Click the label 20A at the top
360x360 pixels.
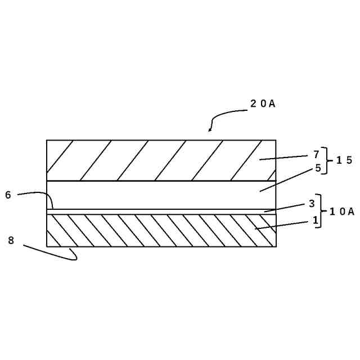pyautogui.click(x=263, y=104)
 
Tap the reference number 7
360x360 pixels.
pyautogui.click(x=317, y=154)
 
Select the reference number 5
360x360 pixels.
pyautogui.click(x=318, y=168)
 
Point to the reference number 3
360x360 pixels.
pyautogui.click(x=311, y=204)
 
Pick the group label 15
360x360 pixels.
pyautogui.click(x=344, y=160)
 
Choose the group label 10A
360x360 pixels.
pyautogui.click(x=342, y=211)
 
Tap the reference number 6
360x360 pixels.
pyautogui.click(x=8, y=195)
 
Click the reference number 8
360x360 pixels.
pyautogui.click(x=11, y=240)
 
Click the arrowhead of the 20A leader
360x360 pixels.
pyautogui.click(x=210, y=130)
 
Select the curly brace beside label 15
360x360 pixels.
pyautogui.click(x=326, y=160)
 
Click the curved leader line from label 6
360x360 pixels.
pyautogui.click(x=39, y=193)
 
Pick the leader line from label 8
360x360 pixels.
pyautogui.click(x=51, y=253)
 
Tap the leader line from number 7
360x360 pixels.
pyautogui.click(x=284, y=157)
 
